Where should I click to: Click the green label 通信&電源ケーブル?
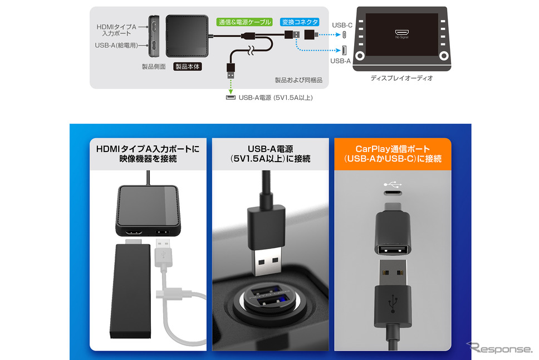[x=244, y=22]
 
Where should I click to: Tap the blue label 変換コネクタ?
[x=300, y=22]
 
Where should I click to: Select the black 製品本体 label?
[x=187, y=66]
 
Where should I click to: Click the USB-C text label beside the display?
[x=342, y=25]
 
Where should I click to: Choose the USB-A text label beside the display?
[x=340, y=61]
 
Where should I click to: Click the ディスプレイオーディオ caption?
[x=401, y=78]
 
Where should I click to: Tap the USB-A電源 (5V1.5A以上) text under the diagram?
[x=276, y=98]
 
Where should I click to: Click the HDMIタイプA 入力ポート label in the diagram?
[x=116, y=30]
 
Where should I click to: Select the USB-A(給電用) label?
[x=116, y=45]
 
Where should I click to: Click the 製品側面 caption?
[x=154, y=66]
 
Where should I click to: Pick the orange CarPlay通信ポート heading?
[x=393, y=154]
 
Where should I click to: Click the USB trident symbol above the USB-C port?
[x=393, y=184]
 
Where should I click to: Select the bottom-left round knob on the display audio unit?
[x=360, y=56]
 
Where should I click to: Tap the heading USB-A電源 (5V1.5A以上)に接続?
[x=271, y=154]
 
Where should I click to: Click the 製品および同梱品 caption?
[x=298, y=80]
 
